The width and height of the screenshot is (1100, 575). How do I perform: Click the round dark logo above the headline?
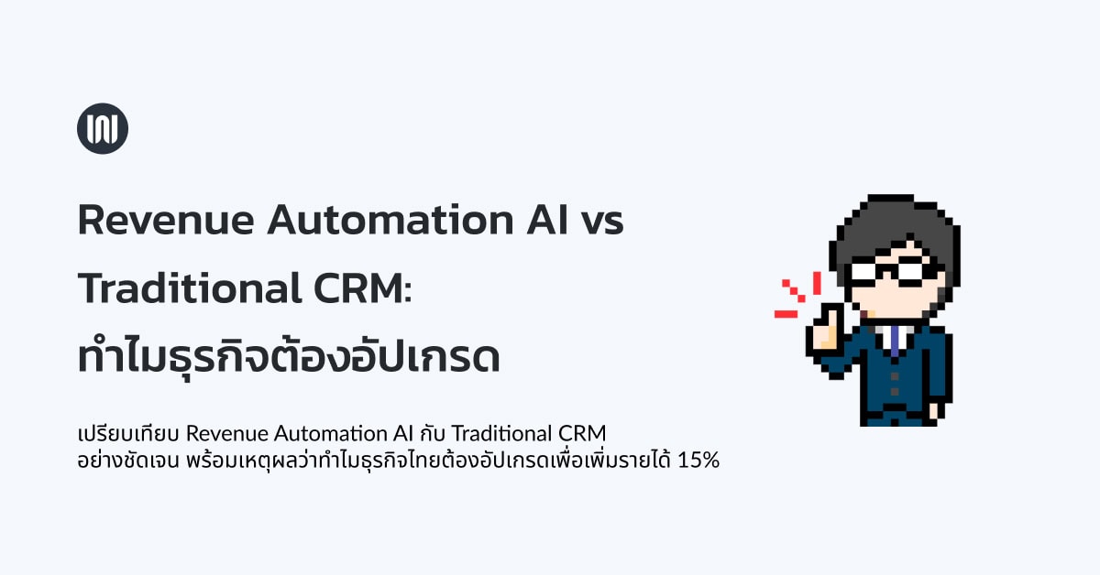103,128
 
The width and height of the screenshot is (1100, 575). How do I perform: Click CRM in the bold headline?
361,289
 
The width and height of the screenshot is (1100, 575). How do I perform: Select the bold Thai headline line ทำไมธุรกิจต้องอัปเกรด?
289,357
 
